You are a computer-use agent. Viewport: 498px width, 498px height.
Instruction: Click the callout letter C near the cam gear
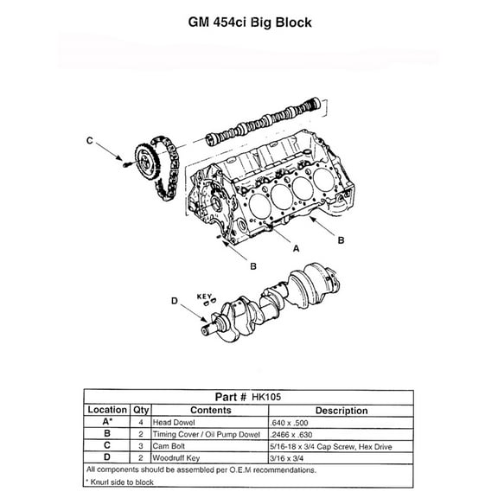click(x=89, y=140)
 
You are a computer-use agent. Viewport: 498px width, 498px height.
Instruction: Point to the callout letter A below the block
click(x=297, y=247)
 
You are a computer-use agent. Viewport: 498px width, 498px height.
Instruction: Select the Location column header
click(x=107, y=410)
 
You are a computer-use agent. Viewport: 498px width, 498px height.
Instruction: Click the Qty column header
click(x=141, y=410)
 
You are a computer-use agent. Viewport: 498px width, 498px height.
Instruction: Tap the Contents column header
click(x=210, y=410)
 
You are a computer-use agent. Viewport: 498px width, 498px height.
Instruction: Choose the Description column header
click(x=342, y=410)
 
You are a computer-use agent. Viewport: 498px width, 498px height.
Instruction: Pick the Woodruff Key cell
click(x=178, y=457)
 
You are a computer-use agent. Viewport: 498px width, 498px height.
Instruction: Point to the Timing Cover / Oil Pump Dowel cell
click(x=207, y=434)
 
